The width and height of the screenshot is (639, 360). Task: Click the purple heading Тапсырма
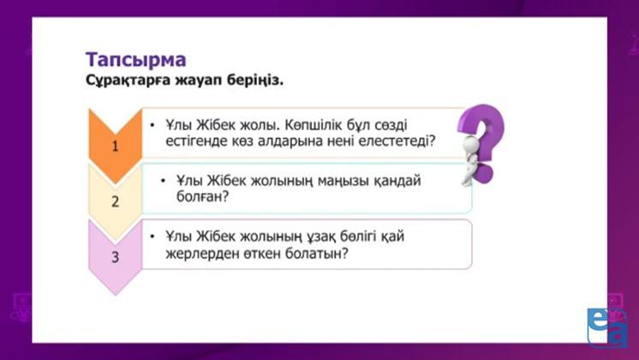135,60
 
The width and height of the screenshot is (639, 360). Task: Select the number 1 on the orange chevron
116,146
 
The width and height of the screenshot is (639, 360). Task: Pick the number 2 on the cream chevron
116,201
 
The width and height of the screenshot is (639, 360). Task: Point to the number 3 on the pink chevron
116,257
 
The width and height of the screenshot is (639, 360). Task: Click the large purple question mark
484,141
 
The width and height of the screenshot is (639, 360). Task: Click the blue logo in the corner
607,327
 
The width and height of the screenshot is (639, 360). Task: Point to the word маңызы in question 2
343,181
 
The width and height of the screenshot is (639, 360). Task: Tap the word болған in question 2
202,196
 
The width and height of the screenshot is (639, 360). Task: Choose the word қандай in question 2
397,180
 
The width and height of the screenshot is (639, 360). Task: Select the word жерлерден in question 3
202,254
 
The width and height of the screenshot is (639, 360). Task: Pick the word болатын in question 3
317,253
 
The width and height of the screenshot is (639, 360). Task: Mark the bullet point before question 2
163,180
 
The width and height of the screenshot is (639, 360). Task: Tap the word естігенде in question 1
197,141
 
